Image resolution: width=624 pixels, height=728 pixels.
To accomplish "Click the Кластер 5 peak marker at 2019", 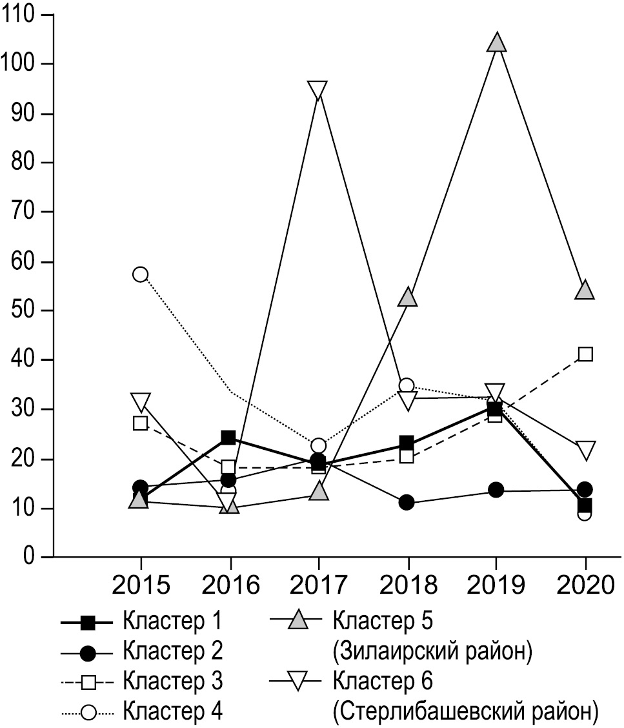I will (x=496, y=43).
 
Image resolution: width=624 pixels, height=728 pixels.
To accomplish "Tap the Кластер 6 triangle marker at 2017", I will (x=317, y=90).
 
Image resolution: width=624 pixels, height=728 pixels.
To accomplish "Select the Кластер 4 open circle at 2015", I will (x=140, y=274).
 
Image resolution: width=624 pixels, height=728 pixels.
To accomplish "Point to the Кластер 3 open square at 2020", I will (x=585, y=354).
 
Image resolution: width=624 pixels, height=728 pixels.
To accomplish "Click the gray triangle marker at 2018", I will (x=407, y=298).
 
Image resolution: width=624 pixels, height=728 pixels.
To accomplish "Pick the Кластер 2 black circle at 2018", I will (x=407, y=503).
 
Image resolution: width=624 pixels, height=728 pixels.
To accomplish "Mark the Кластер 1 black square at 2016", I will (x=228, y=438).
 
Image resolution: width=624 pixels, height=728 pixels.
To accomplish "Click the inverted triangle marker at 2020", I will (x=585, y=450).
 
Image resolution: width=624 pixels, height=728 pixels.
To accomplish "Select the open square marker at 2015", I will (x=140, y=423).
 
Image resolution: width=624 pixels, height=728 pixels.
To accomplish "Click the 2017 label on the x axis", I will (x=318, y=585).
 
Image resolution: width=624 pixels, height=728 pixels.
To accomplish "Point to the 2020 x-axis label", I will (x=585, y=585).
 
